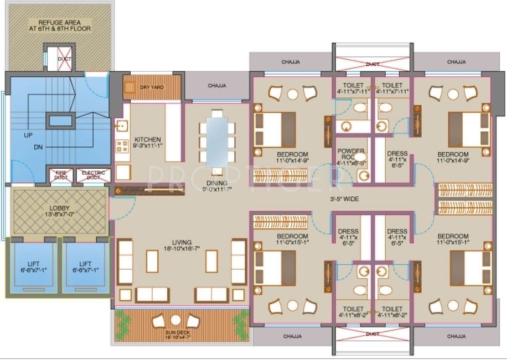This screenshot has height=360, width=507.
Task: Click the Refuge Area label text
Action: point(60,25)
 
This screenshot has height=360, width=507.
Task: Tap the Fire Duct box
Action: point(61,175)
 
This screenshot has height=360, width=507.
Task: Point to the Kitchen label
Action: point(148,139)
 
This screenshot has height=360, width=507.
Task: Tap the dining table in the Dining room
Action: point(218,140)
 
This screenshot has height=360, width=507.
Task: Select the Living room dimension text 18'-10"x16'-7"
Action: point(182,250)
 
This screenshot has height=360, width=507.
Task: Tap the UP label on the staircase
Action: point(28,134)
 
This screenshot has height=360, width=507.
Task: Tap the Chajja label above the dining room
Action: point(216,86)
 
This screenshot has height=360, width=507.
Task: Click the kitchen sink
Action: point(121,124)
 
